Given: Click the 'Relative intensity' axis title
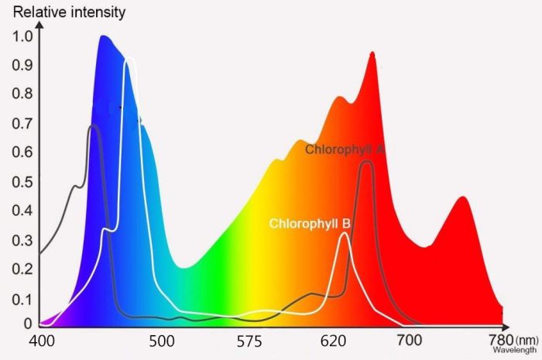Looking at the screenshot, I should click(69, 12).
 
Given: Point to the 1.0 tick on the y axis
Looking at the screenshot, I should click(22, 36).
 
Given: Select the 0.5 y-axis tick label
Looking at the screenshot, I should click(22, 182).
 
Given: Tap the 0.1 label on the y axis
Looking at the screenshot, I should click(22, 300).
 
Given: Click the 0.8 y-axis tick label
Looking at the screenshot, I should click(22, 94).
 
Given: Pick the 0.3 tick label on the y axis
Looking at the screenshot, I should click(22, 241).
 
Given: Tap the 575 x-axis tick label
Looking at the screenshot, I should click(251, 341).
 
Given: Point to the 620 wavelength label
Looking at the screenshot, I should click(334, 341).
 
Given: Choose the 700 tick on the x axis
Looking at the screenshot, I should click(410, 341).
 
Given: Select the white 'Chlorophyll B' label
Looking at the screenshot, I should click(310, 225).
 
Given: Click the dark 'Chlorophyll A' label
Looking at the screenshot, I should click(345, 149).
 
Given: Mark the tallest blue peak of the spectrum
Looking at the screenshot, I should click(104, 36).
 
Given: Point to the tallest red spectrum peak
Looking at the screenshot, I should click(372, 53).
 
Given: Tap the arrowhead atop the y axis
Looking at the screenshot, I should click(39, 26).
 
